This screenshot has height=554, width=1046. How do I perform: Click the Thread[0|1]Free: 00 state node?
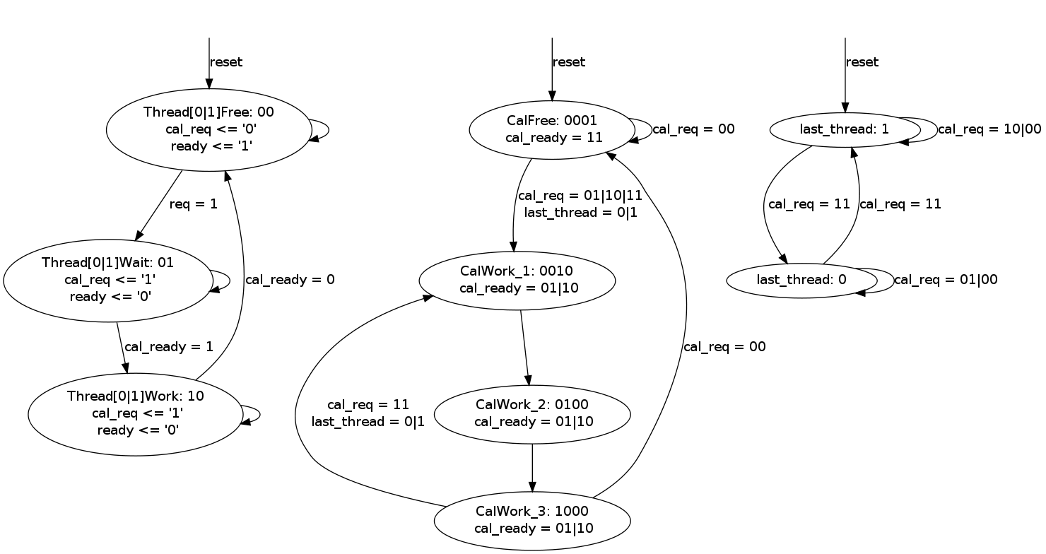[x=208, y=130]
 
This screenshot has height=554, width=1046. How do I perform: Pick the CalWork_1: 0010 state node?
[x=517, y=280]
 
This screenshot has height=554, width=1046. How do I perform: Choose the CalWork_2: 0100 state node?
[x=531, y=414]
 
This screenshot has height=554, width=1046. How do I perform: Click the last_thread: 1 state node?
[x=844, y=129]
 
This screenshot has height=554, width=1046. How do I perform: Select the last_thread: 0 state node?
[x=801, y=280]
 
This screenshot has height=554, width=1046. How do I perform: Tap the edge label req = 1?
[x=193, y=204]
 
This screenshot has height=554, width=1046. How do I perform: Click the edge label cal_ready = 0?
[x=290, y=280]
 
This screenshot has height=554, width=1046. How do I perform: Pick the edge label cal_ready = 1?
[x=168, y=347]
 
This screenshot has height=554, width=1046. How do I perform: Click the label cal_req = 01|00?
[x=946, y=280]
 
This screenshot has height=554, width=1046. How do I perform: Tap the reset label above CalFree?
[x=569, y=62]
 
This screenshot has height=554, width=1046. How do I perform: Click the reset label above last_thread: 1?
[x=862, y=62]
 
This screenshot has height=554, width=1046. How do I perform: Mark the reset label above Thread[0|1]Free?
[x=226, y=62]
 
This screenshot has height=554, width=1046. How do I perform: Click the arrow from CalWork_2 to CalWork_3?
[x=531, y=467]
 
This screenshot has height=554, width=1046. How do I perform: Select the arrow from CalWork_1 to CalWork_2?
[x=524, y=347]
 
